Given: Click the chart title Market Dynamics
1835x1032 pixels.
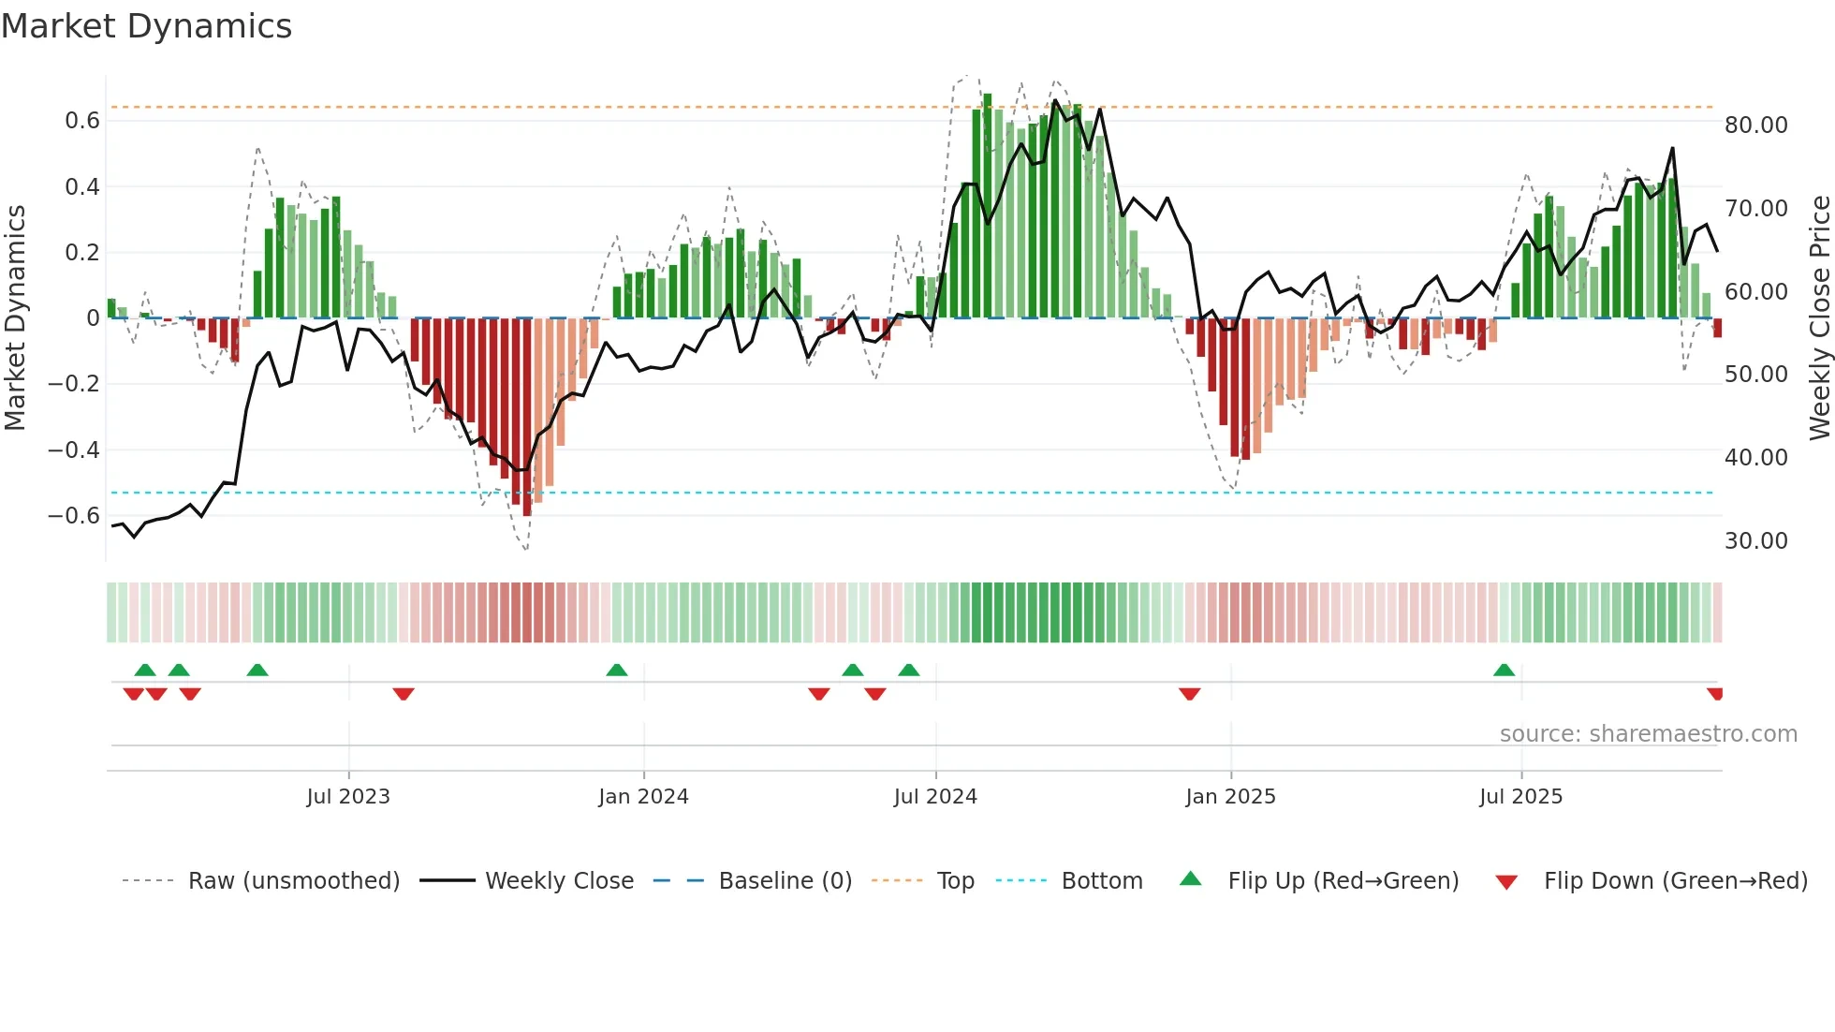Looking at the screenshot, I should click(x=146, y=26).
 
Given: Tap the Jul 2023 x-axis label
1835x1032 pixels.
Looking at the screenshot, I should click(x=348, y=797).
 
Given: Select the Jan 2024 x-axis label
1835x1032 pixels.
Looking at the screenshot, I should click(x=643, y=797).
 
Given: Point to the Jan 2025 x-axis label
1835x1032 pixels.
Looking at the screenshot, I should click(x=1230, y=797).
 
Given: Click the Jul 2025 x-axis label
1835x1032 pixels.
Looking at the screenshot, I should click(x=1520, y=797).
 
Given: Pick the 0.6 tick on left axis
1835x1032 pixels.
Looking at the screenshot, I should click(x=82, y=121).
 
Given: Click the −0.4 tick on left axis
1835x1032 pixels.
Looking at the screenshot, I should click(x=74, y=450).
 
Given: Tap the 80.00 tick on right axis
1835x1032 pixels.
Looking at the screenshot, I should click(x=1755, y=125).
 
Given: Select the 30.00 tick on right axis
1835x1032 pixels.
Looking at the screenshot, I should click(x=1755, y=541).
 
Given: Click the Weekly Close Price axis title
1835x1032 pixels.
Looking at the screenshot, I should click(x=1819, y=318).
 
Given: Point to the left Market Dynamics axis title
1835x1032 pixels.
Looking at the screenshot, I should click(x=16, y=318).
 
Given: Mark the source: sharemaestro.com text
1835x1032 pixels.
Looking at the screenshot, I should click(x=1648, y=734).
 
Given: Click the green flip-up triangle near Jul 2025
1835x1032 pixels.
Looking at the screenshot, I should click(x=1504, y=671).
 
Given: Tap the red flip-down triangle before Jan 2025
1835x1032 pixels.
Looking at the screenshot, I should click(x=1189, y=694).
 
